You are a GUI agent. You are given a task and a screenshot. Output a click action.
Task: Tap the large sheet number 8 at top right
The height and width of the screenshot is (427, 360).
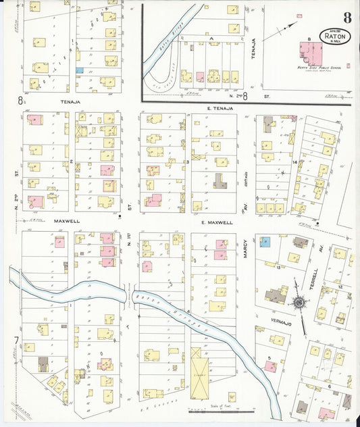[346, 17]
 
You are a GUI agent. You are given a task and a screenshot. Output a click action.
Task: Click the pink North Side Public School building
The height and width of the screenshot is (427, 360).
[313, 53]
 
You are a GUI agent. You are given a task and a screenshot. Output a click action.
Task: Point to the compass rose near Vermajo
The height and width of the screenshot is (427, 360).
[298, 302]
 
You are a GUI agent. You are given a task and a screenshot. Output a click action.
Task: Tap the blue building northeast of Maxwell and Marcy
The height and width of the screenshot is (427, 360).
[265, 241]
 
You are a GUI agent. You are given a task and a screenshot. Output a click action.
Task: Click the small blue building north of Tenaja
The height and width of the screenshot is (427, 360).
[80, 70]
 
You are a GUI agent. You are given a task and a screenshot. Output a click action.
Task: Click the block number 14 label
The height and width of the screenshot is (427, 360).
[294, 163]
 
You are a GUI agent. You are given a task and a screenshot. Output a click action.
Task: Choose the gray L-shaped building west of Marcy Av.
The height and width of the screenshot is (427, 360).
[220, 180]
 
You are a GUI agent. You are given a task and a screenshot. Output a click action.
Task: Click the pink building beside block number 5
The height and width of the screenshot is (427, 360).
[270, 367]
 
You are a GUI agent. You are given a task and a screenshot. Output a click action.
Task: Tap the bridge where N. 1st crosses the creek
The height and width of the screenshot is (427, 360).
[131, 295]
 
